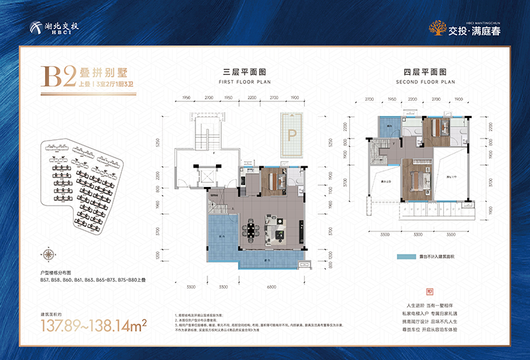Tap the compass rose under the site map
click(49, 252)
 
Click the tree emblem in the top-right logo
click(436, 29)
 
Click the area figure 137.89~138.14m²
click(94, 325)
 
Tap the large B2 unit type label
click(60, 78)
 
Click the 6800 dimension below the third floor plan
click(271, 287)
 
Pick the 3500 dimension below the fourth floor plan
click(451, 235)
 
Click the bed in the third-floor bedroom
click(273, 180)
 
